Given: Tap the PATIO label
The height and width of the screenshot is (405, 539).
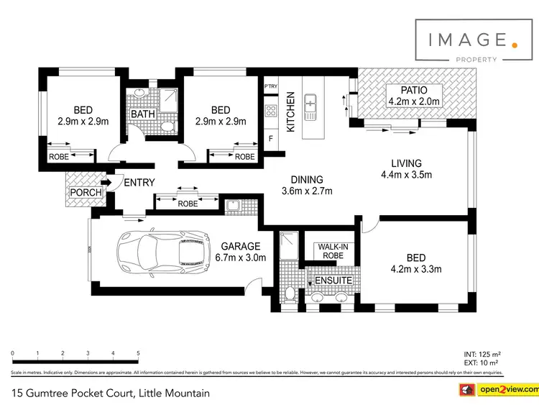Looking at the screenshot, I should [x=407, y=91].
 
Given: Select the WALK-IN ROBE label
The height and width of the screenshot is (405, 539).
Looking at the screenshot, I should [x=332, y=250].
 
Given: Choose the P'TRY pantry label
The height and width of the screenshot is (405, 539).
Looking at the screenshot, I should [x=271, y=88].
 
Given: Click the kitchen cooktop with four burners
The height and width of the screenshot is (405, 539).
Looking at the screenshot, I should [x=272, y=111].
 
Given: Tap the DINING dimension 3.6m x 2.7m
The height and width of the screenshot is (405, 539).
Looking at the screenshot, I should [x=306, y=191].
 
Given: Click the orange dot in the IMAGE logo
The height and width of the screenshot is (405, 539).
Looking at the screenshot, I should [x=514, y=45].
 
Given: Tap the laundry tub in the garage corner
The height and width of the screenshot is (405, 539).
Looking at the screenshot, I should [x=232, y=206].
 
